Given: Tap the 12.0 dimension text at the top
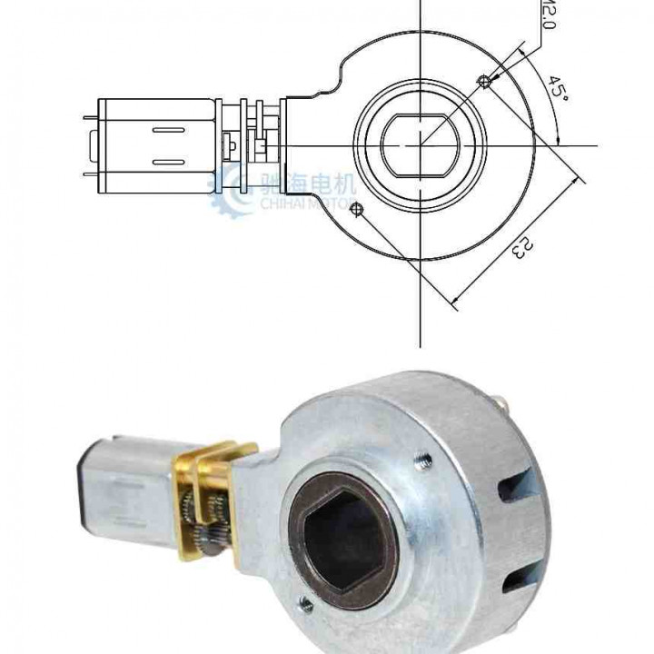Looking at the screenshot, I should click(x=548, y=14).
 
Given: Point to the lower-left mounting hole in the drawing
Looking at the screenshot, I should click(x=355, y=211).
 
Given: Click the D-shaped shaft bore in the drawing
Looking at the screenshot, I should click(x=419, y=145).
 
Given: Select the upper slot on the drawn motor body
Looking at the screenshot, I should click(x=166, y=132).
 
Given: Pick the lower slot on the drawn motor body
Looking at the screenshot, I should click(x=166, y=162).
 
